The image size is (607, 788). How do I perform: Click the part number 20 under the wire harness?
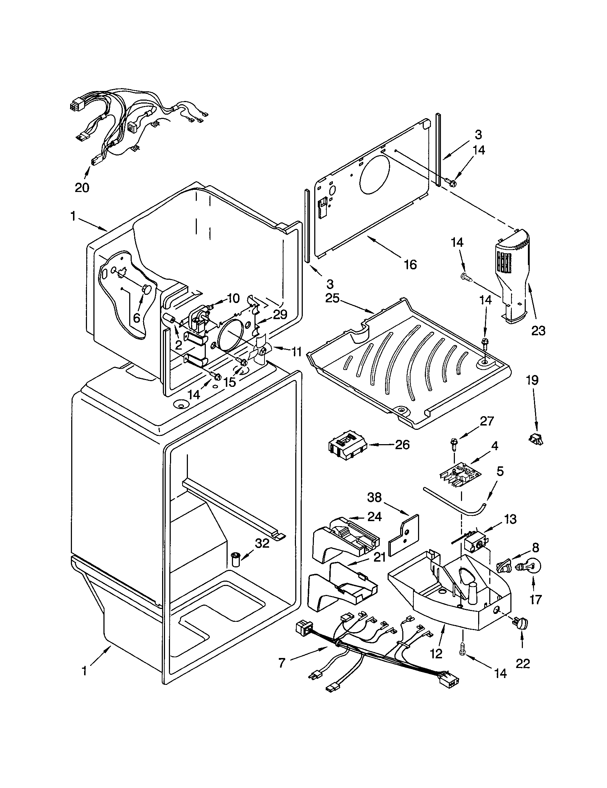[82, 188]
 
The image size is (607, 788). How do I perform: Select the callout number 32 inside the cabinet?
[262, 543]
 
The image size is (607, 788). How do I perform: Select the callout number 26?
[402, 445]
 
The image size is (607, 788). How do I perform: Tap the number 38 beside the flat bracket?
[374, 498]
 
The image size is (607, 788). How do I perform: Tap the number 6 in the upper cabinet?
[137, 318]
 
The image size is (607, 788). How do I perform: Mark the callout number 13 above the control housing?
[509, 520]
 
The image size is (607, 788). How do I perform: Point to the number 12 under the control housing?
[436, 654]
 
